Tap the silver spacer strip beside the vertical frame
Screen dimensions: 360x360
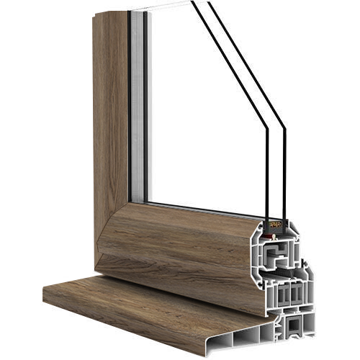138,108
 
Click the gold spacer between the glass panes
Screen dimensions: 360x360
276,225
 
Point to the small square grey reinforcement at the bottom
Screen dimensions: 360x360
295,328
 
